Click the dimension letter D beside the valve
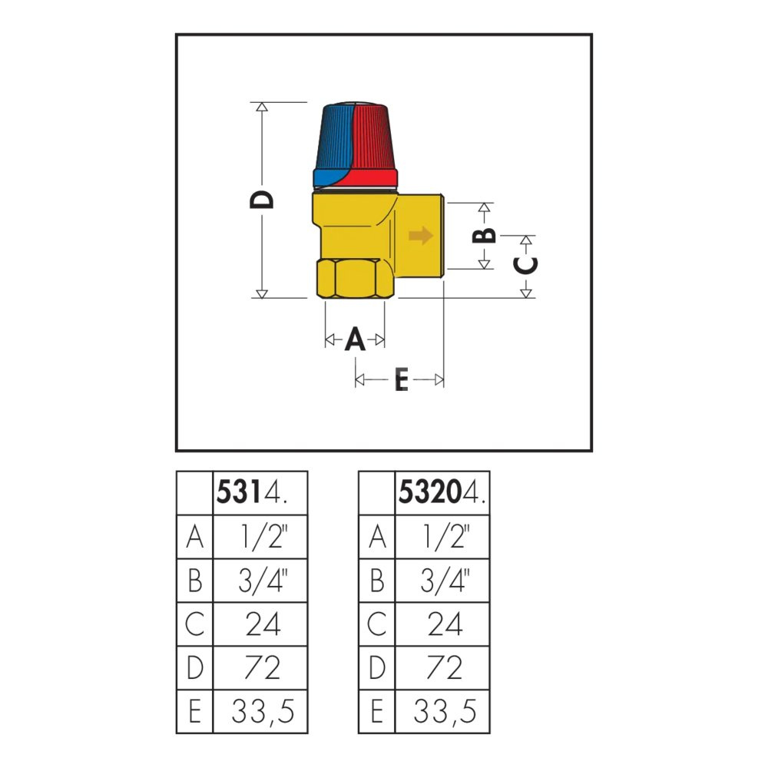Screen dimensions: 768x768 (x=262, y=200)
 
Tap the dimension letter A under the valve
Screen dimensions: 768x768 (x=355, y=339)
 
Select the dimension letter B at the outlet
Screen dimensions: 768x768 (x=484, y=236)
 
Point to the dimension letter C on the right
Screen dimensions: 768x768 (x=525, y=265)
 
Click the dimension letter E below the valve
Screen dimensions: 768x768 (x=402, y=379)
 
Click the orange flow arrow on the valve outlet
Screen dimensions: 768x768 (x=421, y=236)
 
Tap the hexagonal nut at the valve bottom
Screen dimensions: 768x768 (x=356, y=279)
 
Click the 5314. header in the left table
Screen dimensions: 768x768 (x=251, y=492)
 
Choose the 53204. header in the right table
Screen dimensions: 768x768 (x=442, y=492)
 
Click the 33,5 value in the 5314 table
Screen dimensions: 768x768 (x=263, y=711)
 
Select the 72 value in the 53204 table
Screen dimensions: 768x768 (x=444, y=667)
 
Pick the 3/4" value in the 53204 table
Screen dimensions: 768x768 (x=445, y=580)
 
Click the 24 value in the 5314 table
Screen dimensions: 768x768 (x=263, y=624)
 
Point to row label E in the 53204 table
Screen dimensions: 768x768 (x=376, y=711)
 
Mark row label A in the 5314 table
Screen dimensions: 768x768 (x=195, y=536)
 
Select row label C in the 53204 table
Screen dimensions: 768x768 (x=376, y=624)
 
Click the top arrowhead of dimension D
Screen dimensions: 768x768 (x=262, y=107)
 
